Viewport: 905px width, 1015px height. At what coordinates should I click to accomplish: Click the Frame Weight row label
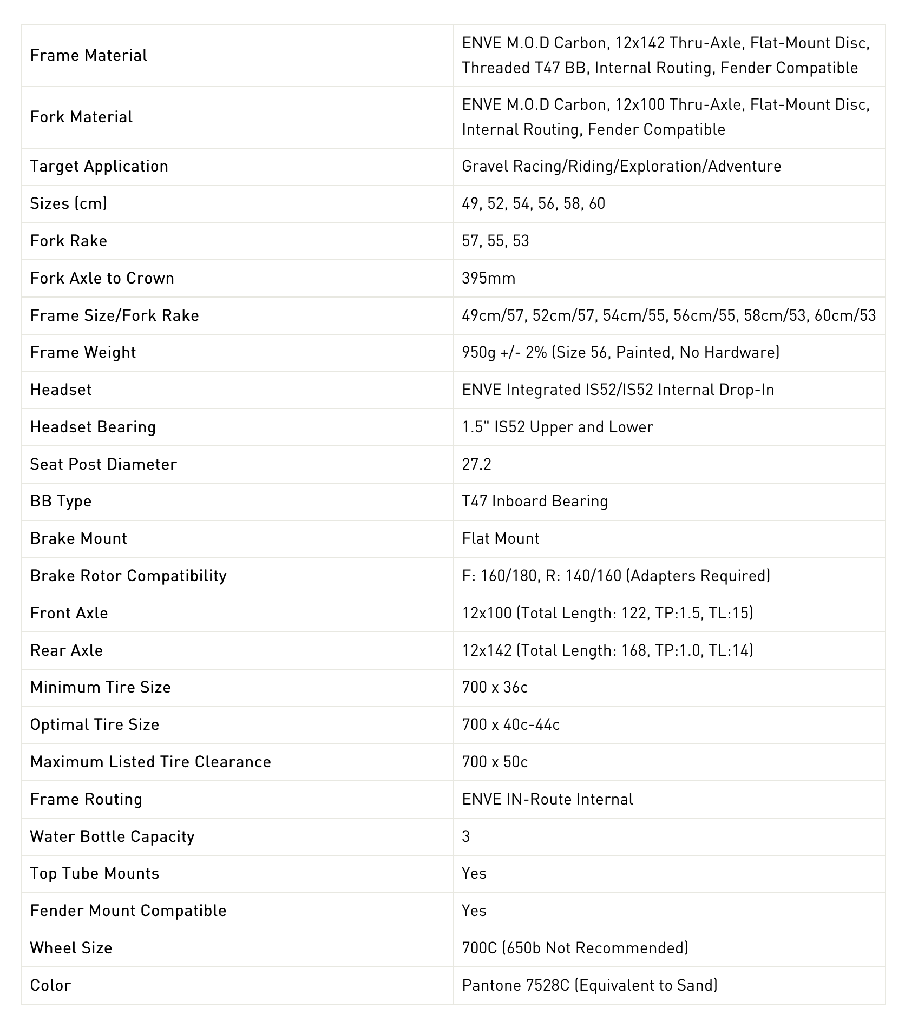pyautogui.click(x=83, y=352)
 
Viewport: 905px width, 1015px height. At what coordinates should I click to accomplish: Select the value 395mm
pyautogui.click(x=488, y=278)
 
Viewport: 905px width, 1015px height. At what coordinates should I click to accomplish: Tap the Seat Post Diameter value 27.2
pyautogui.click(x=476, y=464)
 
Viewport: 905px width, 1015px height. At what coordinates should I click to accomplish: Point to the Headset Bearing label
pyautogui.click(x=93, y=427)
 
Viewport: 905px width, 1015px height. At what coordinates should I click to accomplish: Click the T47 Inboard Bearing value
pyautogui.click(x=535, y=501)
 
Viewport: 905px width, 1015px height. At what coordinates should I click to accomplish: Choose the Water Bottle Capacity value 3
pyautogui.click(x=466, y=836)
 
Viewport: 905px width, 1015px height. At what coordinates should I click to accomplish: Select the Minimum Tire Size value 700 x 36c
pyautogui.click(x=495, y=687)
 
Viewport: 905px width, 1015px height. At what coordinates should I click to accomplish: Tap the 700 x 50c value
pyautogui.click(x=495, y=762)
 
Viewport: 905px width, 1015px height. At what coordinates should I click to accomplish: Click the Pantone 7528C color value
pyautogui.click(x=589, y=985)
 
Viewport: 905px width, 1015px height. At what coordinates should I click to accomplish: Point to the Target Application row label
pyautogui.click(x=99, y=166)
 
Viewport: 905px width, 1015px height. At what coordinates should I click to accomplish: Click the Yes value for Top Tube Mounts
pyautogui.click(x=474, y=873)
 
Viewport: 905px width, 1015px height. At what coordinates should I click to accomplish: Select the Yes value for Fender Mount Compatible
pyautogui.click(x=474, y=911)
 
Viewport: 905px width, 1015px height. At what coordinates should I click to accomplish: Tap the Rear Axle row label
pyautogui.click(x=66, y=650)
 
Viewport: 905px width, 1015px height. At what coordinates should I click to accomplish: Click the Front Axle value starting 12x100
pyautogui.click(x=607, y=613)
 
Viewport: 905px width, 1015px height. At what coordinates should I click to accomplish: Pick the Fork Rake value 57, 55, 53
pyautogui.click(x=495, y=241)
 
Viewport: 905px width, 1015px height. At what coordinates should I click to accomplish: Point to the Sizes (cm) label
pyautogui.click(x=69, y=203)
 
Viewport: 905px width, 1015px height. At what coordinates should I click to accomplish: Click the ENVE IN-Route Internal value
pyautogui.click(x=547, y=799)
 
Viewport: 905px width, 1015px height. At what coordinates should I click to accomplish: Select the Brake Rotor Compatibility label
pyautogui.click(x=128, y=576)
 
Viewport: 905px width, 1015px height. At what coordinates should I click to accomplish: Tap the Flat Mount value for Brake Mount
pyautogui.click(x=501, y=538)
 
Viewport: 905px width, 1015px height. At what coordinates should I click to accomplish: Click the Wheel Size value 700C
pyautogui.click(x=575, y=948)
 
